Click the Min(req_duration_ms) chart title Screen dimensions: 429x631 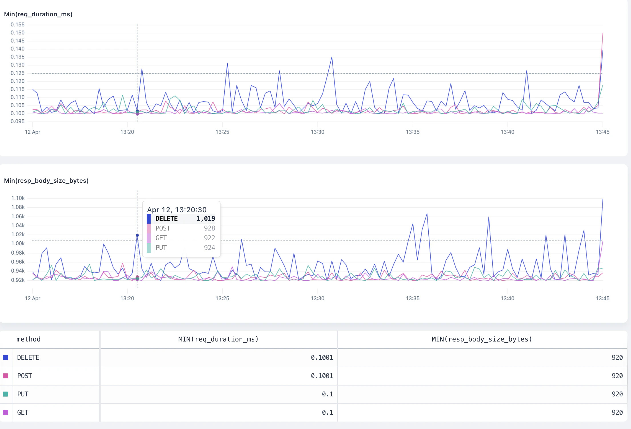point(38,14)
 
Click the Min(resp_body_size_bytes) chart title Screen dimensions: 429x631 point(46,181)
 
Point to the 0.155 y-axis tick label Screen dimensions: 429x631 point(18,25)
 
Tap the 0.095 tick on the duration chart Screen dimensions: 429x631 point(18,122)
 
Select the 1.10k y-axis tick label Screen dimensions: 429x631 point(18,198)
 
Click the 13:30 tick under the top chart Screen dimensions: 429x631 point(318,132)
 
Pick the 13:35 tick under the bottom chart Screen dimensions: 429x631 point(413,298)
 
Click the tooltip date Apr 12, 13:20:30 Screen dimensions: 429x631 point(177,210)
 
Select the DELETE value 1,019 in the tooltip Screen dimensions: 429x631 point(206,219)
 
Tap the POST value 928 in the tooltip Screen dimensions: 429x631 point(209,228)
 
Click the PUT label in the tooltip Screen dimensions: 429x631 point(161,248)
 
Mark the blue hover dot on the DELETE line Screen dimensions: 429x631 point(137,235)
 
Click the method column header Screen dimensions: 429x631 point(29,339)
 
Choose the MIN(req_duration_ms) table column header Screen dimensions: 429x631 point(218,339)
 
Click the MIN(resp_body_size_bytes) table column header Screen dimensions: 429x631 point(482,339)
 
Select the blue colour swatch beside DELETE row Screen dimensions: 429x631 point(5,357)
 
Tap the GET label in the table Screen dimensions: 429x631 point(23,412)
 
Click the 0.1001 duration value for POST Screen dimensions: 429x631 point(322,376)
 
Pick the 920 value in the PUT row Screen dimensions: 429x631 point(617,394)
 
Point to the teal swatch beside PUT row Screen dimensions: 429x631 point(5,394)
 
